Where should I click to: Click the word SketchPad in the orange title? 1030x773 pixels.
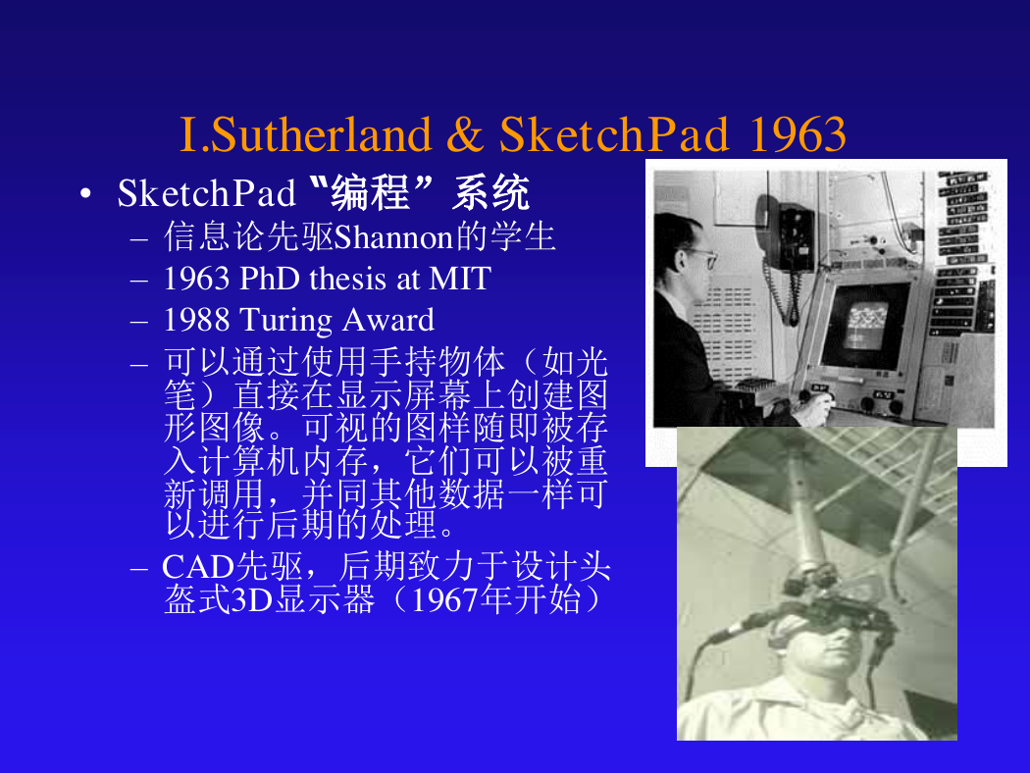tap(613, 134)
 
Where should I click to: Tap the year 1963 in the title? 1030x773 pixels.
tap(797, 134)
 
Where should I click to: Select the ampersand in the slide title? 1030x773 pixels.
tap(464, 134)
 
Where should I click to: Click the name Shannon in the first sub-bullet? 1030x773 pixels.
tap(393, 237)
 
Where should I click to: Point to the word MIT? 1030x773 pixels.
tap(459, 279)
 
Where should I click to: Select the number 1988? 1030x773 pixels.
tap(196, 320)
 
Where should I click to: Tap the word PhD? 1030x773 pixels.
tap(270, 279)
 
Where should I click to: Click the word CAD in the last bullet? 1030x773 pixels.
tap(198, 567)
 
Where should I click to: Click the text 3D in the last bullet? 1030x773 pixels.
tap(252, 599)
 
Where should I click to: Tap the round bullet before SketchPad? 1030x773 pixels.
tap(85, 194)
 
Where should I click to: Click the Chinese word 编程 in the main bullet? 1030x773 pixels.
tap(371, 193)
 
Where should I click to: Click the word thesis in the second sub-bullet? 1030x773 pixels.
tap(347, 279)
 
